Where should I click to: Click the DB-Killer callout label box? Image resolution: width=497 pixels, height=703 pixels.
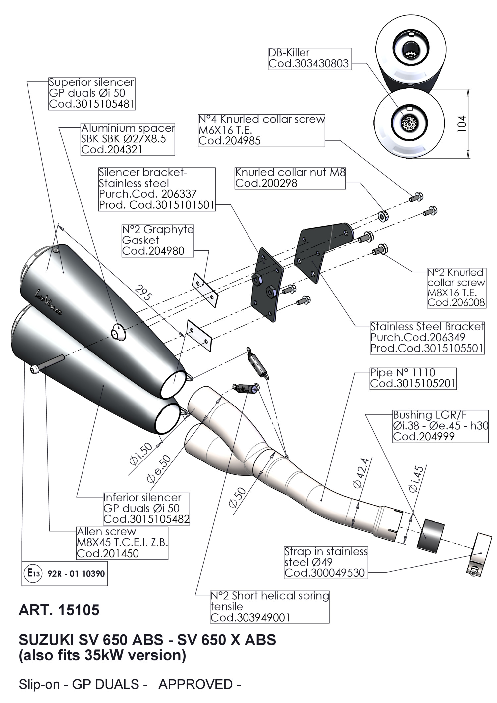[309, 58]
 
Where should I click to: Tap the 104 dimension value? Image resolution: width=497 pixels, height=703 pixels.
[462, 124]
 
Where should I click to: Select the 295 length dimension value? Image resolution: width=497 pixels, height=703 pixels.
[143, 293]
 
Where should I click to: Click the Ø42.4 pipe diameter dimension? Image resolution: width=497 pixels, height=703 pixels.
[361, 473]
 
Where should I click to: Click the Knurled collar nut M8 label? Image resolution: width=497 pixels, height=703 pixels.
[290, 178]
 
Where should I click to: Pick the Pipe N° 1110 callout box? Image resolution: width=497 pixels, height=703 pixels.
[413, 378]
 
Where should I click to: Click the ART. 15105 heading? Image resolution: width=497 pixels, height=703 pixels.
[59, 610]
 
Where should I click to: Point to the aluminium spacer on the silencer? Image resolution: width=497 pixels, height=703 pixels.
[118, 332]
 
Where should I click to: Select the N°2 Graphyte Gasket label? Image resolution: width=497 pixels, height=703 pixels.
[158, 240]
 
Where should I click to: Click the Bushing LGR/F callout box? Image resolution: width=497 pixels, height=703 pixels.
[440, 426]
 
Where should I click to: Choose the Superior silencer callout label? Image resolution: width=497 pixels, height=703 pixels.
[91, 93]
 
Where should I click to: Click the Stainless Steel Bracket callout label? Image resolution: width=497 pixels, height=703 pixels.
[427, 338]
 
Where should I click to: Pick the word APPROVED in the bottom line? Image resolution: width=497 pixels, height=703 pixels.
[195, 684]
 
